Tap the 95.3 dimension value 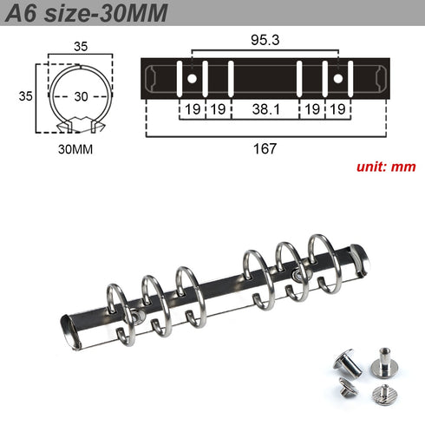pos(265,39)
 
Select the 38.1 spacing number pos(265,109)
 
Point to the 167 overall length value pos(265,148)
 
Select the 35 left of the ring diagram pos(26,96)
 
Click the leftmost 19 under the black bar pos(191,109)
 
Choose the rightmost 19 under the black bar pos(338,109)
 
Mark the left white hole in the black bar pos(191,79)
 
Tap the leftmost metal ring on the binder pos(120,308)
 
